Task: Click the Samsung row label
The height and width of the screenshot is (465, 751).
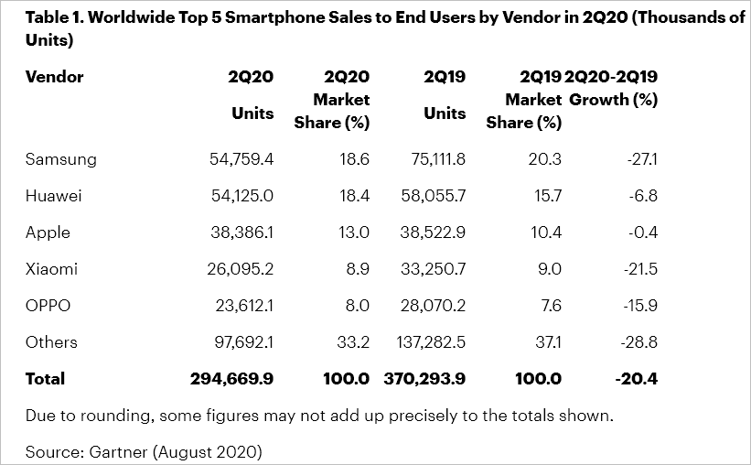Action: tap(61, 159)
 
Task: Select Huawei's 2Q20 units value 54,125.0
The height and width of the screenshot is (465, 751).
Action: tap(241, 196)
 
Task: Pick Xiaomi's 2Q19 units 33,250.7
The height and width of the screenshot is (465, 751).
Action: tap(433, 269)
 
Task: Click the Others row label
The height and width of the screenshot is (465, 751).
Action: tap(51, 342)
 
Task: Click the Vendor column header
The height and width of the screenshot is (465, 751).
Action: tap(54, 77)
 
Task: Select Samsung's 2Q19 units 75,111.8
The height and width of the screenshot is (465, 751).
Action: tap(435, 159)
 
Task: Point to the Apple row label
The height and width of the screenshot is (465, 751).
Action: tap(48, 232)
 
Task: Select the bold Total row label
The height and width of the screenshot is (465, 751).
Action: tap(46, 379)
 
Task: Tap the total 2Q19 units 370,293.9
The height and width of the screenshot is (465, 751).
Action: tap(424, 379)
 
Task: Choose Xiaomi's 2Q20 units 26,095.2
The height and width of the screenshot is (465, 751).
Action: tap(241, 269)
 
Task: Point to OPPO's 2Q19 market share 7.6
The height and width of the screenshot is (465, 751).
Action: tap(551, 306)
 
